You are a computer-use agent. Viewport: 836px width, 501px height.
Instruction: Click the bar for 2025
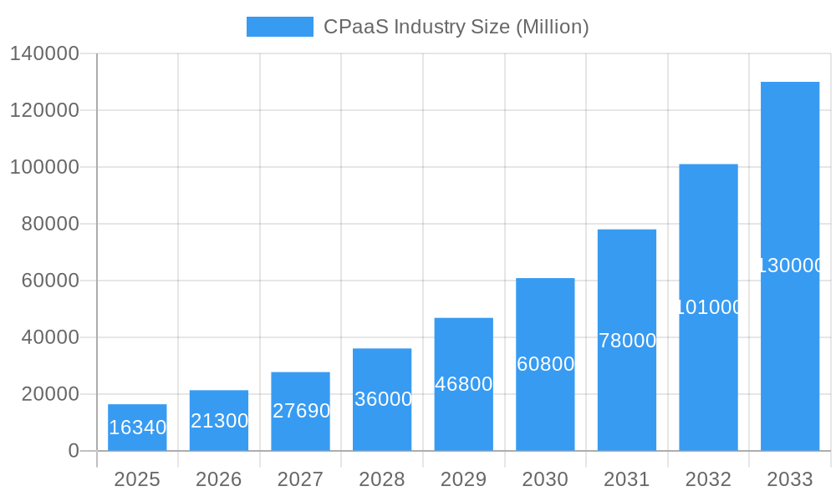pyautogui.click(x=137, y=428)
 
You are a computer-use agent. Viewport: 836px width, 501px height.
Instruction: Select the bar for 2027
pyautogui.click(x=300, y=412)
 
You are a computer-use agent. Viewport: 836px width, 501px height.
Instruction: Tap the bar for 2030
pyautogui.click(x=545, y=365)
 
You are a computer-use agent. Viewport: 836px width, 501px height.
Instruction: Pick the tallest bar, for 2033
pyautogui.click(x=790, y=266)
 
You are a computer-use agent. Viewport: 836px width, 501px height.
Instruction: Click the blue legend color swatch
pyautogui.click(x=279, y=27)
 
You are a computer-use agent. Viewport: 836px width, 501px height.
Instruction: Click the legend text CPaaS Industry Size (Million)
pyautogui.click(x=456, y=27)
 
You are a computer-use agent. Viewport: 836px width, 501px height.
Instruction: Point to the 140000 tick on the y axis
pyautogui.click(x=44, y=53)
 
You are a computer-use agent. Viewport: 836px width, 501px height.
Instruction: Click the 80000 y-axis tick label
pyautogui.click(x=50, y=224)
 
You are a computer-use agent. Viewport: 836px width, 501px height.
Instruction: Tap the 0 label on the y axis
pyautogui.click(x=74, y=451)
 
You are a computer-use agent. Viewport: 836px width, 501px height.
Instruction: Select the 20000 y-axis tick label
pyautogui.click(x=50, y=394)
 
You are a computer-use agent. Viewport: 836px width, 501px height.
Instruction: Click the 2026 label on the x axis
pyautogui.click(x=219, y=479)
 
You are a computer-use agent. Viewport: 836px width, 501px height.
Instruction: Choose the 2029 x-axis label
pyautogui.click(x=464, y=479)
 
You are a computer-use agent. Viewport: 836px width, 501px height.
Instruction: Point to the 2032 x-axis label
pyautogui.click(x=708, y=479)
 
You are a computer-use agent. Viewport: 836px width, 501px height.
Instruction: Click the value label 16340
pyautogui.click(x=138, y=428)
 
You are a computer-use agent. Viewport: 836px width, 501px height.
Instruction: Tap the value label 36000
pyautogui.click(x=383, y=399)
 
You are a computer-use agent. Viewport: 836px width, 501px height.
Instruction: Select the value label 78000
pyautogui.click(x=627, y=341)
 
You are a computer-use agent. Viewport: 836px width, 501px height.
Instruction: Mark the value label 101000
pyautogui.click(x=708, y=307)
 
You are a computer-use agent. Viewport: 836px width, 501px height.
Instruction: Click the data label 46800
pyautogui.click(x=464, y=384)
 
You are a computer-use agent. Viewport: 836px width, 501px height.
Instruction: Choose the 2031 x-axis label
pyautogui.click(x=627, y=479)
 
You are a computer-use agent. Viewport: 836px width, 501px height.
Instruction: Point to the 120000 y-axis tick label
pyautogui.click(x=44, y=110)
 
